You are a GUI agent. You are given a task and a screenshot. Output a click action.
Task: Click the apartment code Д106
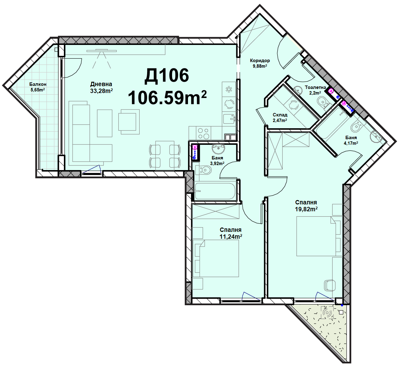point(166,76)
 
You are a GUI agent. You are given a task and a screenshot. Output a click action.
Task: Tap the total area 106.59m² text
point(167,97)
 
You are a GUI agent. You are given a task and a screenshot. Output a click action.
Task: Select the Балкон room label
point(38,84)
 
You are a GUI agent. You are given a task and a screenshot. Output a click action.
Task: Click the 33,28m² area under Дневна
point(101,91)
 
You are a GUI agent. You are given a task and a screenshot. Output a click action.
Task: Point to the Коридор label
point(260,61)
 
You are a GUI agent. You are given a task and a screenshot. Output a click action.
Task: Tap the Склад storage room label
point(280,115)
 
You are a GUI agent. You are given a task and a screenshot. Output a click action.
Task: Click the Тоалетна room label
point(315,87)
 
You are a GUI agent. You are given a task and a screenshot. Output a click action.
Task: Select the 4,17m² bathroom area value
point(351,143)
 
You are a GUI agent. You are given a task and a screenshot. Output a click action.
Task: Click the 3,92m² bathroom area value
point(217,163)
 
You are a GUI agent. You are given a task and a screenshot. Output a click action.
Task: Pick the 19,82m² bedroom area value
point(306,209)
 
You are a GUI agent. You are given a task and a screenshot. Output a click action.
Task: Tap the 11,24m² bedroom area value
point(231,237)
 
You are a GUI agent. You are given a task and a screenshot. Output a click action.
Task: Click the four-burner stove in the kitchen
point(203,134)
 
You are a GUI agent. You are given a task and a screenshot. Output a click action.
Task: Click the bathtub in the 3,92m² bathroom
point(215,191)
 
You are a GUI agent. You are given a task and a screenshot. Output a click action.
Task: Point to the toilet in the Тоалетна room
point(322,102)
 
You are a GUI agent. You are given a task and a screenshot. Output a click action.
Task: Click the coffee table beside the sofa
point(105,123)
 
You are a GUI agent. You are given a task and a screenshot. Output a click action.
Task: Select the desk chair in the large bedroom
point(329,285)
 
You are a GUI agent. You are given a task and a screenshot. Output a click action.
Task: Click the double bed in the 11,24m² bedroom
point(215,258)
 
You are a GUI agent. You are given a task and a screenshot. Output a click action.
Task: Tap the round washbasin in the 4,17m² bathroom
point(376,137)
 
